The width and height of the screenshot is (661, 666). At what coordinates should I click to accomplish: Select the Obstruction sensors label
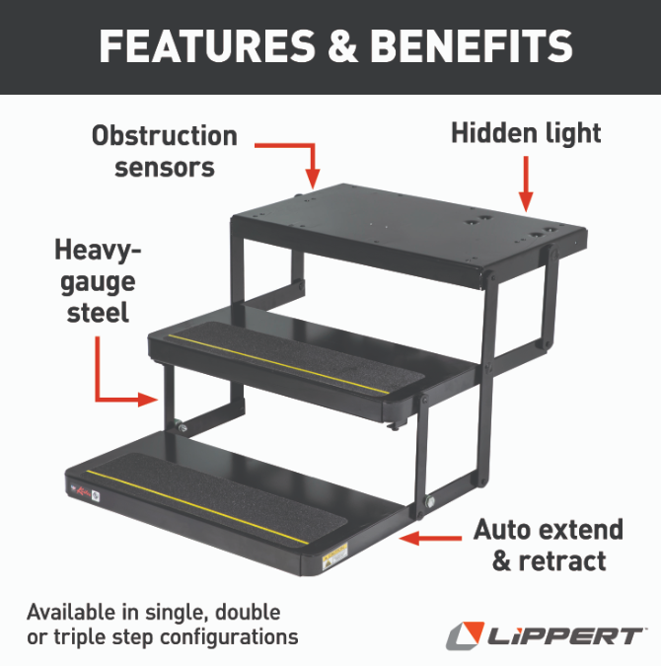point(165,151)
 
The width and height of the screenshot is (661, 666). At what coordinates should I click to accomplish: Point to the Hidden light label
point(526,133)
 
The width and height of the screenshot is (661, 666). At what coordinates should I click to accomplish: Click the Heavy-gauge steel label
point(97,281)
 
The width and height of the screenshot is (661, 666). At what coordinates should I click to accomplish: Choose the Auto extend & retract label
point(548,545)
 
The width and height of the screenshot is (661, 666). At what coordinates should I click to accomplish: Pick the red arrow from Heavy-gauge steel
point(113,380)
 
